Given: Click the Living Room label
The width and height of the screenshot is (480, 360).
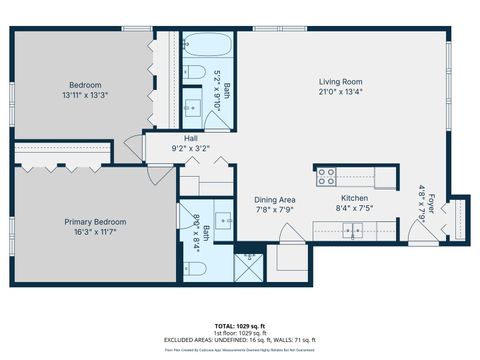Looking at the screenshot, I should click(x=340, y=82).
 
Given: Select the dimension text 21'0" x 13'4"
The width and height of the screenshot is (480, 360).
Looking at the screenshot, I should click(x=340, y=93).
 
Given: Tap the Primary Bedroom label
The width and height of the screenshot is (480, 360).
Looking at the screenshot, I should click(x=93, y=221).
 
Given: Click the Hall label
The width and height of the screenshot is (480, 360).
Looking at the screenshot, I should click(x=191, y=138).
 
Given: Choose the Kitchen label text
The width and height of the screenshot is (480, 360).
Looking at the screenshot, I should click(x=355, y=199).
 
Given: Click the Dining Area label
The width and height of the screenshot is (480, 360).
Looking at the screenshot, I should click(x=273, y=199).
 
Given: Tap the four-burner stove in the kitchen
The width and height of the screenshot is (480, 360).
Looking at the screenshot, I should click(x=326, y=177).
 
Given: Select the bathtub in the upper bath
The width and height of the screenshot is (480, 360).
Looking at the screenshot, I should click(x=207, y=46).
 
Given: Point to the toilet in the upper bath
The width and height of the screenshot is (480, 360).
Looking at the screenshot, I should click(x=190, y=72).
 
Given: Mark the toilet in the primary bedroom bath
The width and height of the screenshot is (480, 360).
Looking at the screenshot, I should click(x=189, y=267).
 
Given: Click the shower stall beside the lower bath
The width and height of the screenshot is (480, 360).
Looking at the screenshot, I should click(x=245, y=266).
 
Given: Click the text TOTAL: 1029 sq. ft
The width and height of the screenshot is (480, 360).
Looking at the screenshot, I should click(x=240, y=325).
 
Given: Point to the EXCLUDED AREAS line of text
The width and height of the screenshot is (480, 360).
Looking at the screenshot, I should click(x=240, y=341).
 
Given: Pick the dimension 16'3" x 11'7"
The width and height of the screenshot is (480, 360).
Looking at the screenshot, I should click(x=93, y=232).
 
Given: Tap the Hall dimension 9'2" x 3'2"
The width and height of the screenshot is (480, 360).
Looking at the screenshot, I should click(x=191, y=149).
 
